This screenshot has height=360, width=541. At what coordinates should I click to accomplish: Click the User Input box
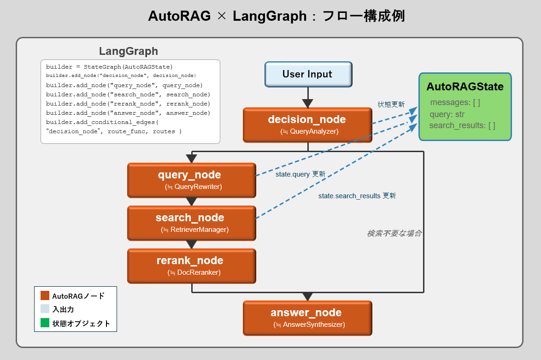click(x=308, y=74)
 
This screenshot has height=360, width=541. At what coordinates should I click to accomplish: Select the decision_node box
click(x=307, y=125)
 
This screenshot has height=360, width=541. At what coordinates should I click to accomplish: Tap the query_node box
click(x=191, y=180)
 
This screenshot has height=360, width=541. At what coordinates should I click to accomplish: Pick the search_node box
click(x=191, y=223)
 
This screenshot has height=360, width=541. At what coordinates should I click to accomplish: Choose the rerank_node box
click(x=191, y=266)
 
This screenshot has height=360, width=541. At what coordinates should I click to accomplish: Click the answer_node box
click(x=307, y=318)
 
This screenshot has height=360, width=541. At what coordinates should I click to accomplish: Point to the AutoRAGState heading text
click(x=465, y=87)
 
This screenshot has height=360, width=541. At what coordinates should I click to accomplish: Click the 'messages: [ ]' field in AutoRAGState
click(x=455, y=103)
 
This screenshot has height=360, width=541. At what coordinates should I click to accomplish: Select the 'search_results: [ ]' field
click(x=462, y=125)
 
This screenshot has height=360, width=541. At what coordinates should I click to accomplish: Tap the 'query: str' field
click(x=447, y=114)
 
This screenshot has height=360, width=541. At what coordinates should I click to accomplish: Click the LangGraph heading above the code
click(x=129, y=51)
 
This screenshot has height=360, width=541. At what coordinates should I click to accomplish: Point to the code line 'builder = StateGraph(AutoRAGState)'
click(x=109, y=67)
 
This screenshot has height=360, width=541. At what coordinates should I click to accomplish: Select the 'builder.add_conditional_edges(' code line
click(x=102, y=122)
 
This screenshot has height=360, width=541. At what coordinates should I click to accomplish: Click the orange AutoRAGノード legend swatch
click(x=45, y=296)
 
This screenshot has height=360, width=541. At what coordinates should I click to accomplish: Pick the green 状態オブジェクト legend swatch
click(x=45, y=323)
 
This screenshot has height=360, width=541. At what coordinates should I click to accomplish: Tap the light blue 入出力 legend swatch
click(x=45, y=309)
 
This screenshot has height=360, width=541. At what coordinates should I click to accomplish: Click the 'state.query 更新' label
click(x=300, y=174)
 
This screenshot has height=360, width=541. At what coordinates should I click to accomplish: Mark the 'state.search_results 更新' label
click(x=357, y=196)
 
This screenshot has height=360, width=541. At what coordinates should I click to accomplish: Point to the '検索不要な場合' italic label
click(x=394, y=233)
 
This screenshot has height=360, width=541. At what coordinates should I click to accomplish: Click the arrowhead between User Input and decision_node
click(x=307, y=103)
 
